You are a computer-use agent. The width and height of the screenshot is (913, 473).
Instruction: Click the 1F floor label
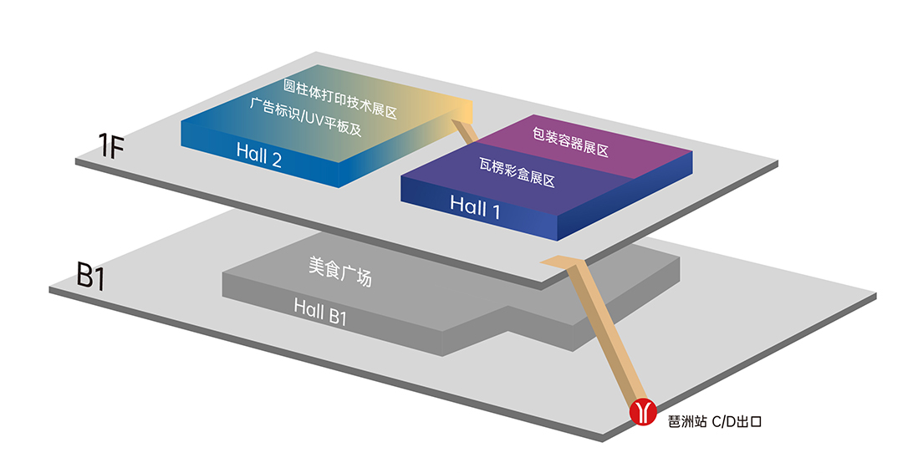pos(110,145)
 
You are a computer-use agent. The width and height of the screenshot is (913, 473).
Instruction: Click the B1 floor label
pos(91,276)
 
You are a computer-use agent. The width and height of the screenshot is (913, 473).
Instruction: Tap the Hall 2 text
pos(259,155)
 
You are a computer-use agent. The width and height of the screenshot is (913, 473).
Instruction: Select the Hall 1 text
pos(475,207)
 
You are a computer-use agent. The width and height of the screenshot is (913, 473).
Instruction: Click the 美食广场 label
pos(340,272)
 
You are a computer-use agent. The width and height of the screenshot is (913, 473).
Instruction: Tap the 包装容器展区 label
pos(570,142)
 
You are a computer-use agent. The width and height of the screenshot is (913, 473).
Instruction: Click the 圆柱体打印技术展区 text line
pos(340,99)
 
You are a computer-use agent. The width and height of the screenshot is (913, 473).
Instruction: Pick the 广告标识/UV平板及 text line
pos(306,117)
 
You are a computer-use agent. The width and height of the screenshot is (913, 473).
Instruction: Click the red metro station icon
pos(643,412)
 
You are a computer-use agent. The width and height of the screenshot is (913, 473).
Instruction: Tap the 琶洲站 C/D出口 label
pos(715,421)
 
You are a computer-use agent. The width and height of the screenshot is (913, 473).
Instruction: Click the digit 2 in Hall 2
pos(276,159)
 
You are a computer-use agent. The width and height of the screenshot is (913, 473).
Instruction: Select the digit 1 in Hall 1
pos(496,211)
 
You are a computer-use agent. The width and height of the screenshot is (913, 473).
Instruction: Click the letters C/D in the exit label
pos(724,421)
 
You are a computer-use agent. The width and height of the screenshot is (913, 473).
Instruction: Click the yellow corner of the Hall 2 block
pos(457,109)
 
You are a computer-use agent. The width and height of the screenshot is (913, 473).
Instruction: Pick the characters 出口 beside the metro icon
pos(750,421)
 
